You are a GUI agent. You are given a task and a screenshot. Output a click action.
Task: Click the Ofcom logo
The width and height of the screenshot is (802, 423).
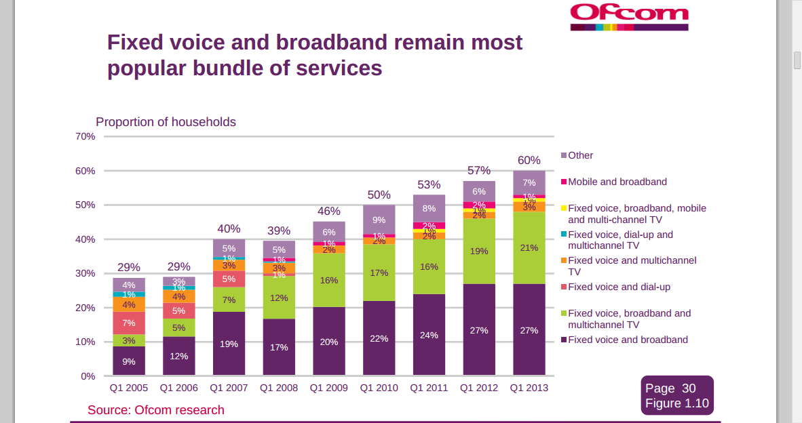(629, 17)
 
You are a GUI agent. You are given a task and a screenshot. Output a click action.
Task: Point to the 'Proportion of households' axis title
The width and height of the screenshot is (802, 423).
(166, 122)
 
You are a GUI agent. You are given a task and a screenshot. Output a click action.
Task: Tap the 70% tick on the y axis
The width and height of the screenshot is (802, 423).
(85, 136)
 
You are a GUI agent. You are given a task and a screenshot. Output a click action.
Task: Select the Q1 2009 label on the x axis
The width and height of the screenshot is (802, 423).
(329, 388)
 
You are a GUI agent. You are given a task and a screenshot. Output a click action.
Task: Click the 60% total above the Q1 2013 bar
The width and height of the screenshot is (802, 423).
(529, 161)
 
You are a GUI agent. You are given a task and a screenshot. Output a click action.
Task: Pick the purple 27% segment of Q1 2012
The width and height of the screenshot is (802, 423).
(479, 329)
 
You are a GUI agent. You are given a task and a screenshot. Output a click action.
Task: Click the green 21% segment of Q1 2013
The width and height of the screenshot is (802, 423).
(529, 247)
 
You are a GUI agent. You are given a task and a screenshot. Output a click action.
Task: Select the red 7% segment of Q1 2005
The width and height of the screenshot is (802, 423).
(129, 323)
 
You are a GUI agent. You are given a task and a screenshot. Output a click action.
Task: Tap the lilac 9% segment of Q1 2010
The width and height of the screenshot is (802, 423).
(379, 220)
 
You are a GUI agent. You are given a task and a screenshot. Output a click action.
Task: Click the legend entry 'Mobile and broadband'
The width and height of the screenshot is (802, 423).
(617, 182)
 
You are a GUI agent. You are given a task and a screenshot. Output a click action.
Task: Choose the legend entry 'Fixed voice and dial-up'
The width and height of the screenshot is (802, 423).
(618, 287)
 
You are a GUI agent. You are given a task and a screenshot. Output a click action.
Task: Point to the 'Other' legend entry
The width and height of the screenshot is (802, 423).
(580, 155)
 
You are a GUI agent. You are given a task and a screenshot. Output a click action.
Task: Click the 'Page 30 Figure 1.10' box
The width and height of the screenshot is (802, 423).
(676, 396)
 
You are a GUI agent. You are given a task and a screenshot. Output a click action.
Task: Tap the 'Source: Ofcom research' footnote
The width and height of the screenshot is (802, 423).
(155, 410)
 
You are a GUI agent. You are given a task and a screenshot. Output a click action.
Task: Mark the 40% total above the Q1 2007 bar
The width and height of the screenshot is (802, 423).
(229, 229)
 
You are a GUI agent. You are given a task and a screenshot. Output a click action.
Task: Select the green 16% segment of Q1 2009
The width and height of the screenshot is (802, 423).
(329, 280)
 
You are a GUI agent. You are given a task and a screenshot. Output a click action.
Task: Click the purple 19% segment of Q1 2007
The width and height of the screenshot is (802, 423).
(229, 343)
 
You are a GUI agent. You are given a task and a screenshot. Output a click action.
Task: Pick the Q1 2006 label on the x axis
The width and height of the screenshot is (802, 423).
(179, 388)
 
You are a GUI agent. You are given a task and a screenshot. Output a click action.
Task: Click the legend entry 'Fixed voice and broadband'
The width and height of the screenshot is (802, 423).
(627, 340)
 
